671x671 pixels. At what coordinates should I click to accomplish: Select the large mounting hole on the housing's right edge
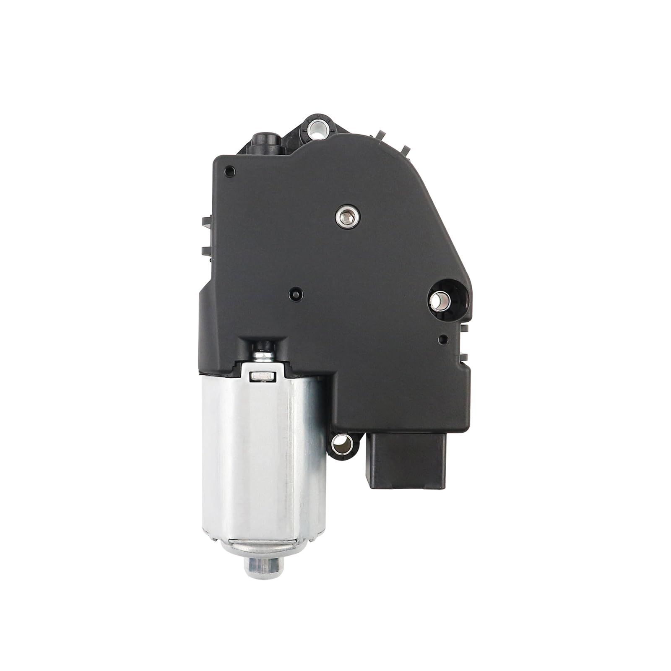point(440,299)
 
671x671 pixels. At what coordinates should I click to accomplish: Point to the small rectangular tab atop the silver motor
point(262,377)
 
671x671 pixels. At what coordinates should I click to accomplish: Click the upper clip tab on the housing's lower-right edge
point(466,327)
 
